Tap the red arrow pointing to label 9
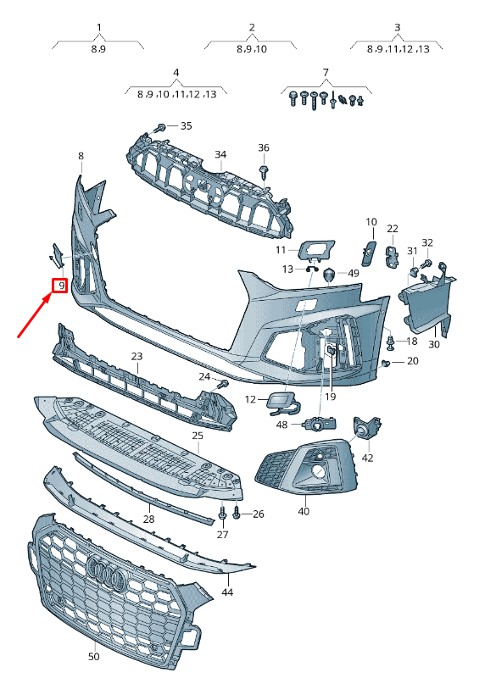point(36,314)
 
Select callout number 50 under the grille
point(93,656)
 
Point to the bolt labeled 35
point(159,128)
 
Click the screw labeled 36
point(264,172)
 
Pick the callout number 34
point(220,154)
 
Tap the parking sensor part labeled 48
point(321,425)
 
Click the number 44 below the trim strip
point(227,592)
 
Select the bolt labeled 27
point(222,514)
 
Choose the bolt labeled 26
point(237,514)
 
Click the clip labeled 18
point(391,342)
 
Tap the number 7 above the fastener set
point(326,72)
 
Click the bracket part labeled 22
point(393,255)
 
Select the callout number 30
point(434,344)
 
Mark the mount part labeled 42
point(367,427)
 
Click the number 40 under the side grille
point(304,511)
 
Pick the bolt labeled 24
point(223,384)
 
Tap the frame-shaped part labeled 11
point(315,251)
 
